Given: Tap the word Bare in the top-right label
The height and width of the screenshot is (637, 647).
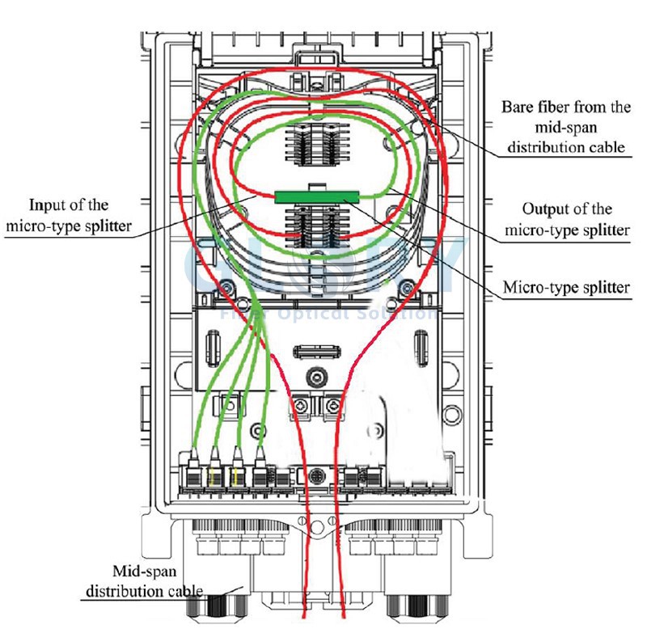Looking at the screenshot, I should [x=519, y=108].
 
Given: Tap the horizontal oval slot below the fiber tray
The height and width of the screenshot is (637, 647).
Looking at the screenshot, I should [x=316, y=352].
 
